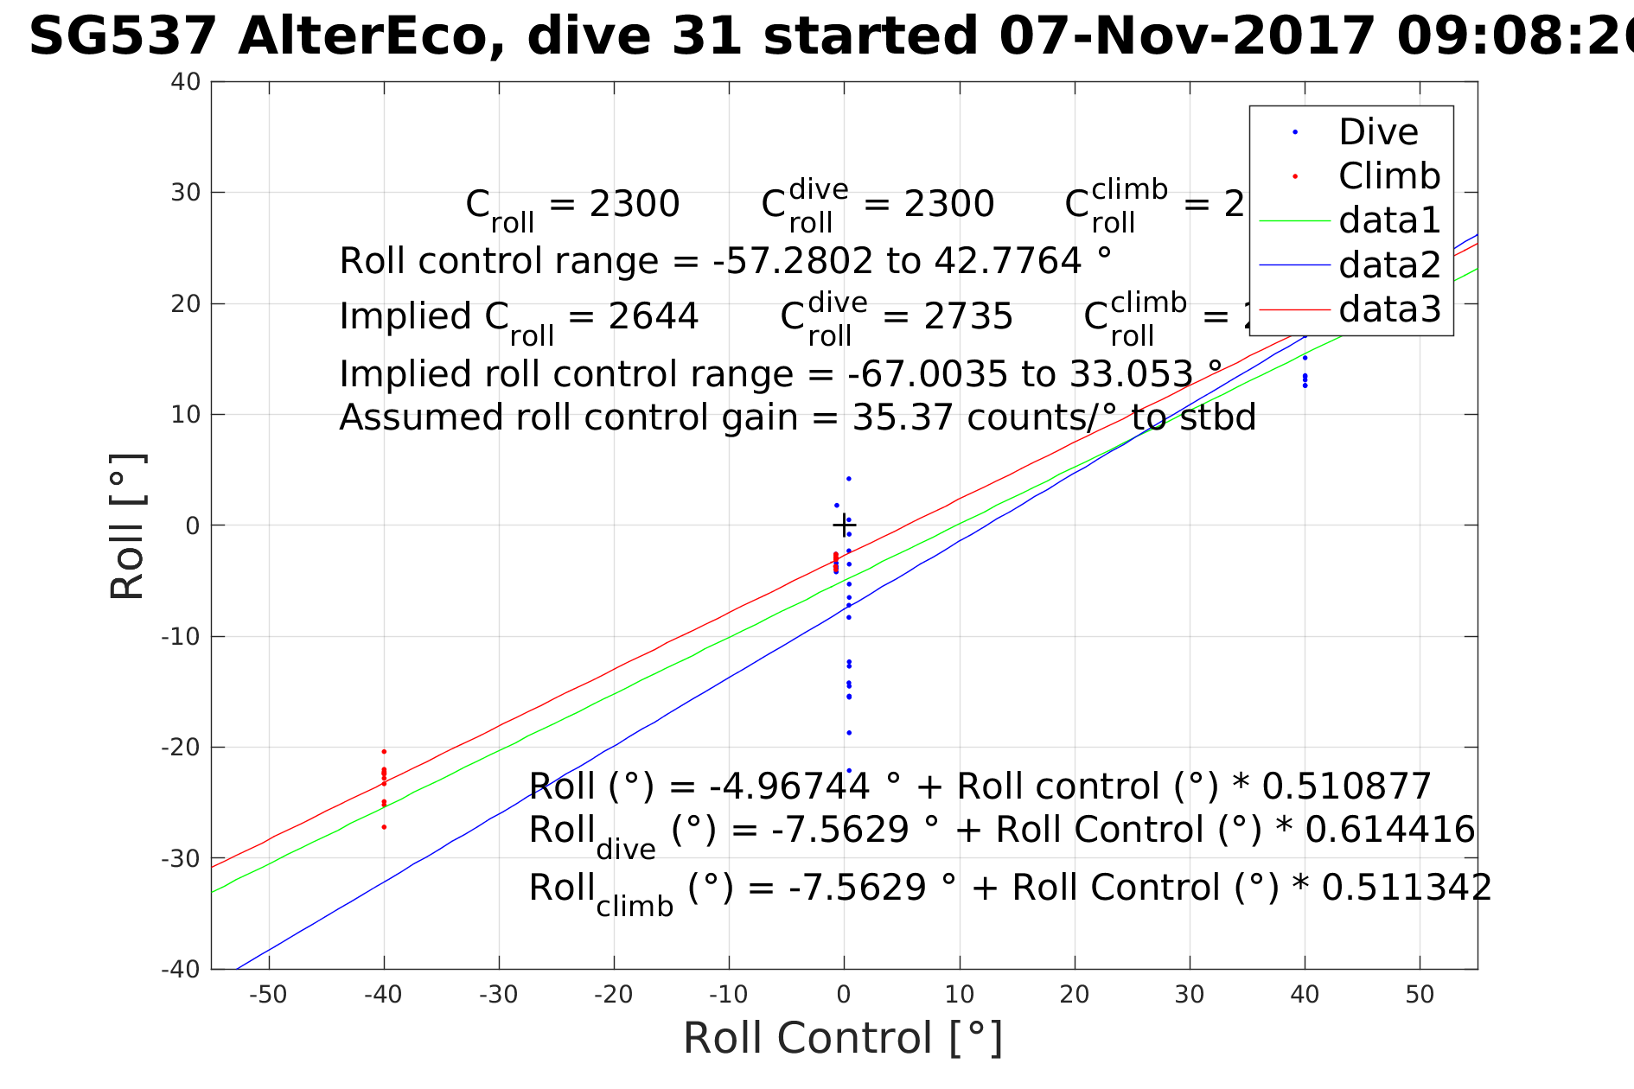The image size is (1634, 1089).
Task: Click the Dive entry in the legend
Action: coord(1378,132)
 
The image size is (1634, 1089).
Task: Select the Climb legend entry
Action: coord(1389,176)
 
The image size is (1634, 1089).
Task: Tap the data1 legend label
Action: coord(1389,220)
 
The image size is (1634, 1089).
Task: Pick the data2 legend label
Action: coord(1389,264)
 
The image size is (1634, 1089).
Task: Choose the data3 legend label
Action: coord(1389,309)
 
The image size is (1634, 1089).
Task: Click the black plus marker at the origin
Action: coord(844,525)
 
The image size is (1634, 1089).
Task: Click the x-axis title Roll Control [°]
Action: coord(843,1038)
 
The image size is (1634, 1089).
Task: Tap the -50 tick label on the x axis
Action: coord(268,995)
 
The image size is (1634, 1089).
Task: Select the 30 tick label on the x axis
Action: coord(1190,995)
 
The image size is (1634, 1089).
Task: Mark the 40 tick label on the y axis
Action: coord(186,82)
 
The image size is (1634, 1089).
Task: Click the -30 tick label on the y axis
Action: coord(181,858)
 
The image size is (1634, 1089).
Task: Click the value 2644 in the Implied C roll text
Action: coord(653,316)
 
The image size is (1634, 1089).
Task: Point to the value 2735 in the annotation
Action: coord(967,316)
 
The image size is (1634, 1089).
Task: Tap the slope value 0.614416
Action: coord(1389,830)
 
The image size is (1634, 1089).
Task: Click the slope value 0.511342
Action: coord(1407,888)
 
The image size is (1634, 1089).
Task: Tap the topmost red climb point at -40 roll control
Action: coord(384,751)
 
